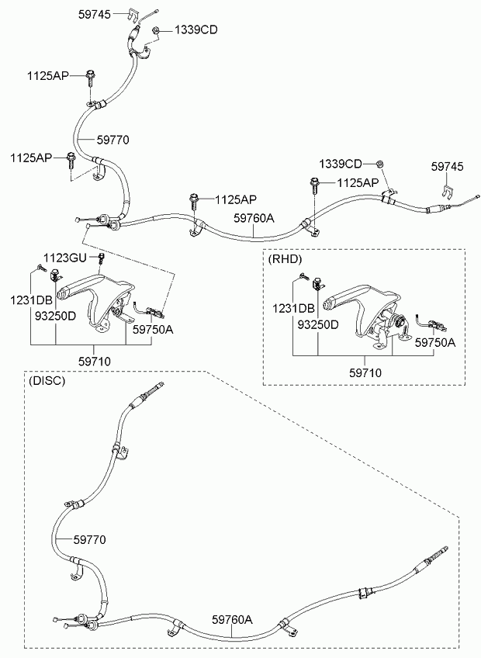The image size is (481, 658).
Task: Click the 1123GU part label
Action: tap(65, 258)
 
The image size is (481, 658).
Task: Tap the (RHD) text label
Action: tap(285, 259)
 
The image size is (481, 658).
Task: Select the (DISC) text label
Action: tap(47, 381)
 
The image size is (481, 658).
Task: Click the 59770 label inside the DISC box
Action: tap(90, 539)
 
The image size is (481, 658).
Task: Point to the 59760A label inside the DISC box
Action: tap(232, 619)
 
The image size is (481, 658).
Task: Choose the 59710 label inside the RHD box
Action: tap(365, 372)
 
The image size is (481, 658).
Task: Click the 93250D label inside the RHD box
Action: tap(318, 325)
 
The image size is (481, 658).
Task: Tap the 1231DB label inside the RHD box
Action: tap(293, 310)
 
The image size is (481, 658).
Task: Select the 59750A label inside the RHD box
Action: tap(434, 342)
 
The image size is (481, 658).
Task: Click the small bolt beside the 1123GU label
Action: tap(101, 258)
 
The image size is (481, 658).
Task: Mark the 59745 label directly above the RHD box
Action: tap(448, 167)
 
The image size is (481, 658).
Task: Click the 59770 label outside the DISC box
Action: tap(113, 140)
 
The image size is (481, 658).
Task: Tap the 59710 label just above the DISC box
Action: tap(95, 362)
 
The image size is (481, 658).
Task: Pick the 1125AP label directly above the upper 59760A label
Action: tap(236, 199)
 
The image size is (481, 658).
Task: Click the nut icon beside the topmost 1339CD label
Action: tap(155, 29)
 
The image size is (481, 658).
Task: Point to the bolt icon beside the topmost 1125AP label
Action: tap(90, 78)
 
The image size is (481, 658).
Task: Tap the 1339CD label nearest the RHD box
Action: tap(340, 164)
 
